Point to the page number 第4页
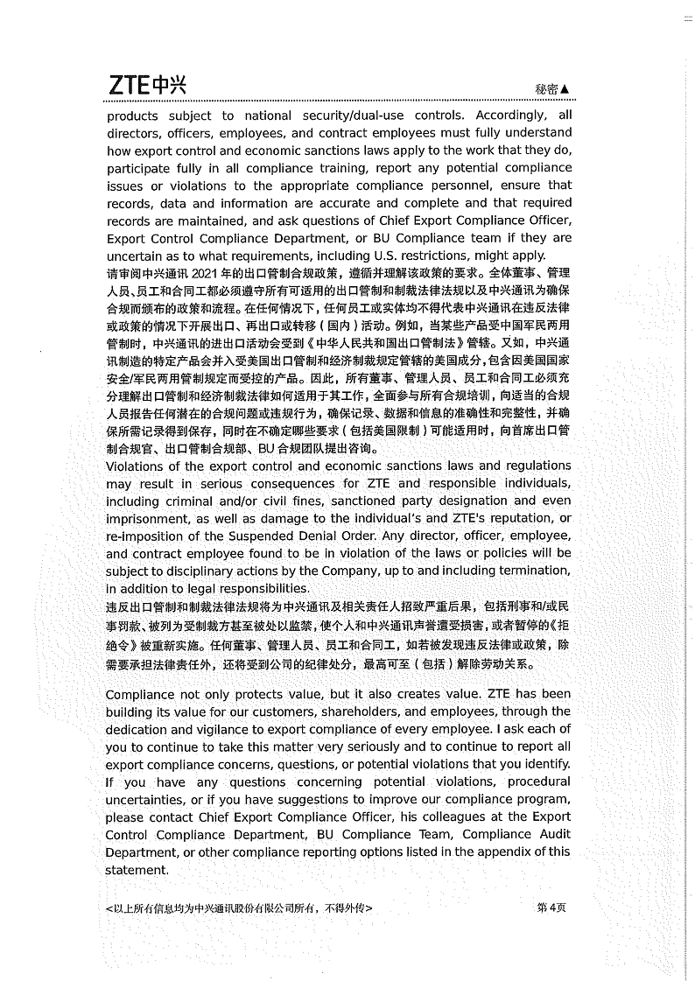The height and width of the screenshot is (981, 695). [x=551, y=907]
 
